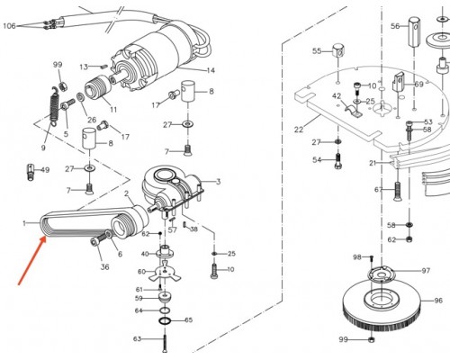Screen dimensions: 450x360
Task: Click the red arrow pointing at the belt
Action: [32, 260]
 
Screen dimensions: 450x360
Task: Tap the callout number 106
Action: [9, 26]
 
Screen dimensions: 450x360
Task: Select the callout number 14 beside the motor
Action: [211, 70]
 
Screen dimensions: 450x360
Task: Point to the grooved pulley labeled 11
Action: [98, 86]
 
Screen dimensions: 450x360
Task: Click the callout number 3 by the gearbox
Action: [219, 182]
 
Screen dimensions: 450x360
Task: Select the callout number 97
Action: [426, 271]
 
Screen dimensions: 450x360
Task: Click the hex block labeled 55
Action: [338, 50]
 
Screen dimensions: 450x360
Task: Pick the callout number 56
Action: [395, 26]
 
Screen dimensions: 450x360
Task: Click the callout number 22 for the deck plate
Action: [299, 130]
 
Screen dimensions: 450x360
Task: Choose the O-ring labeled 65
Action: [165, 321]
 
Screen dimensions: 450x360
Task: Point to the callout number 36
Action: [104, 266]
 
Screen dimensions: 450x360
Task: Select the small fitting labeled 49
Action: [30, 172]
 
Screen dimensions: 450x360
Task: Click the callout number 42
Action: [337, 96]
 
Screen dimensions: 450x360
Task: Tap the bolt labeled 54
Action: [338, 161]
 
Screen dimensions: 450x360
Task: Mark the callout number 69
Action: [418, 84]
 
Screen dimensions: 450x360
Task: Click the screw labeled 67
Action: [397, 191]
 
